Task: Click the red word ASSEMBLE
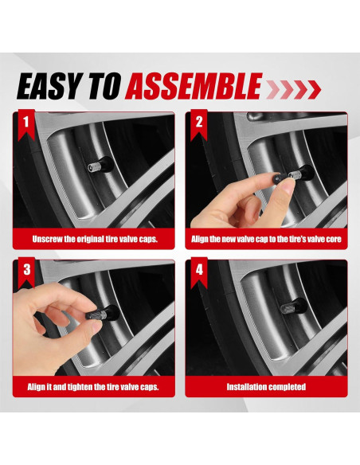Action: tap(194, 86)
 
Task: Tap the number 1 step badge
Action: tap(26, 124)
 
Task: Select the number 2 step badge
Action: tap(199, 124)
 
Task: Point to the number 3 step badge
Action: tap(26, 272)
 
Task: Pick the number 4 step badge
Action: tap(199, 272)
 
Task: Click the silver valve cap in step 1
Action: tap(94, 167)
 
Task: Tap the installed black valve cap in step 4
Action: tap(288, 308)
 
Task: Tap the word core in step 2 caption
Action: tap(335, 239)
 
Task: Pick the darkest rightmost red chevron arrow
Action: tap(314, 89)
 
